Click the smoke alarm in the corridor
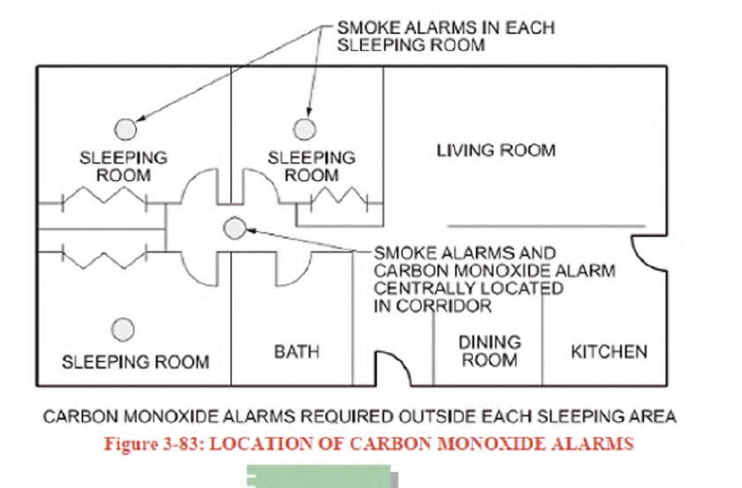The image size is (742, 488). tap(234, 229)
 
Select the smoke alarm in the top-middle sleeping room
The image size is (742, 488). tap(307, 127)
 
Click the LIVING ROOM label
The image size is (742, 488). tap(496, 151)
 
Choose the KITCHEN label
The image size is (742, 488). tap(609, 352)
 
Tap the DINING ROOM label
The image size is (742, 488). tap(491, 351)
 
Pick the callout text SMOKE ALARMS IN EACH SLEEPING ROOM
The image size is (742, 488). tap(445, 36)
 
